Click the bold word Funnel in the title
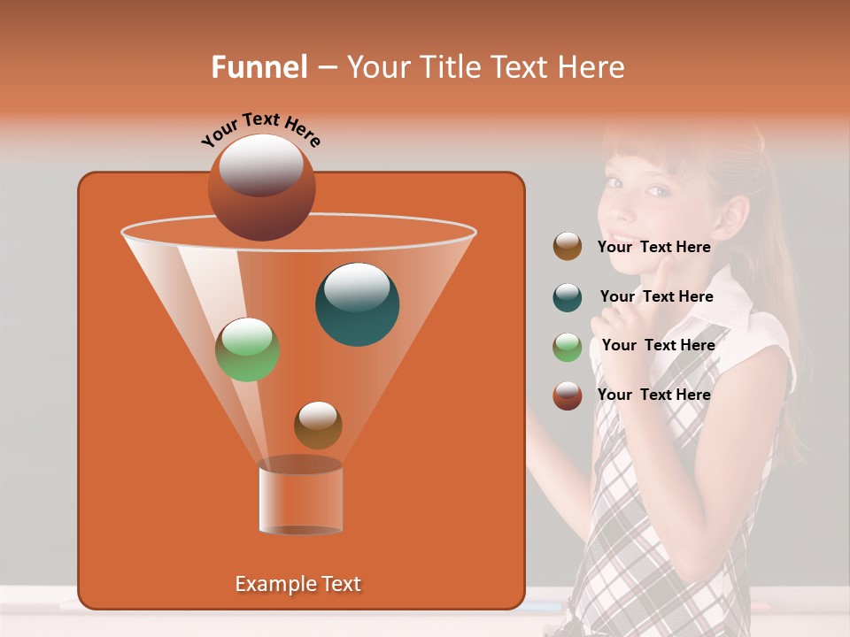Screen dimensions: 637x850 [259, 67]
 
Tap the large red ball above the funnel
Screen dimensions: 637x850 [261, 187]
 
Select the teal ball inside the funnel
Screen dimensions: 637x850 [357, 303]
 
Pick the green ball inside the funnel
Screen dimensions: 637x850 [247, 349]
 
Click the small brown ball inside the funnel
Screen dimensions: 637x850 [318, 425]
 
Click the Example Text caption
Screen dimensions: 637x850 [297, 584]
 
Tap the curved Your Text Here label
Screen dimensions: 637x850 [260, 129]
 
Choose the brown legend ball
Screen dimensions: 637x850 [568, 247]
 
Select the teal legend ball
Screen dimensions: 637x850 [568, 297]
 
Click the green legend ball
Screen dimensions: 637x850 [568, 347]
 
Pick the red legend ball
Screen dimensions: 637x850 [568, 395]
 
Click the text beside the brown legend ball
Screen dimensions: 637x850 [653, 247]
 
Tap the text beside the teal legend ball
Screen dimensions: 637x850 [656, 296]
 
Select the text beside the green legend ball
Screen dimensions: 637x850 [658, 345]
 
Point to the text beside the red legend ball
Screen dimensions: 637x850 [653, 395]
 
